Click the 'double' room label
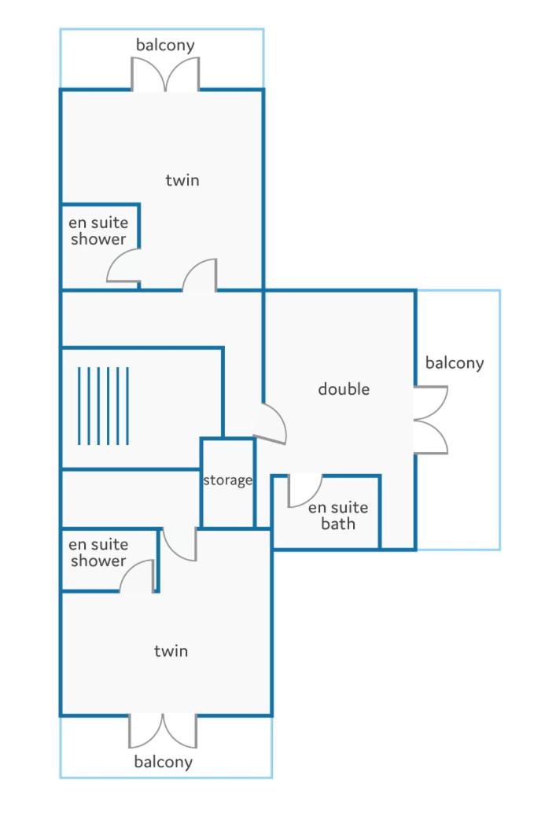[x=344, y=389]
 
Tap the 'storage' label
[x=227, y=480]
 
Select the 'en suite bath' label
[x=338, y=515]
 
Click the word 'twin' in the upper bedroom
[x=182, y=180]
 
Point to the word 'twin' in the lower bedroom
[x=171, y=651]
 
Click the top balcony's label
[x=165, y=45]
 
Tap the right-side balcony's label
[x=455, y=363]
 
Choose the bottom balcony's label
[x=163, y=762]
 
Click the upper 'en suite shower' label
[x=98, y=230]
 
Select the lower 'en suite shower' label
[x=98, y=553]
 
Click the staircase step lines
[x=103, y=406]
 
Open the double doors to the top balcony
[x=165, y=74]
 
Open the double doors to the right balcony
[x=431, y=420]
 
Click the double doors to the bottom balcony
[x=163, y=731]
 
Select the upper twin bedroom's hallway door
[x=200, y=275]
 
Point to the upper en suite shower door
[x=123, y=266]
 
